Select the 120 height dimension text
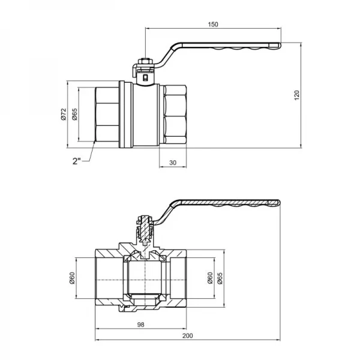point(296,95)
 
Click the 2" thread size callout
point(76,161)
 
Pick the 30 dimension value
point(173,163)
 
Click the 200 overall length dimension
point(189,338)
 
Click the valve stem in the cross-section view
point(144,231)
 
